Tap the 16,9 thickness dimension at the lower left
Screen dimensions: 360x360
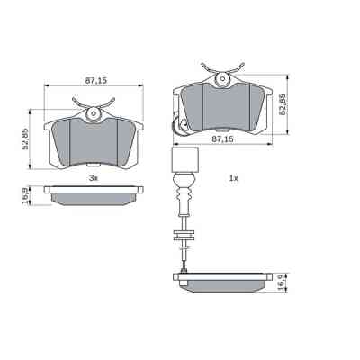coord(25,193)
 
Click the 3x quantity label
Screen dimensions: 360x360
coord(93,178)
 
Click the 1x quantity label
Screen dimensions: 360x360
coord(232,178)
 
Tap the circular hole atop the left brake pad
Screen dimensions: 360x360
coord(94,113)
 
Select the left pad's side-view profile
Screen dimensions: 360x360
coord(94,194)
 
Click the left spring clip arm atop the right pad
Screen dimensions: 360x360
coord(208,66)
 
